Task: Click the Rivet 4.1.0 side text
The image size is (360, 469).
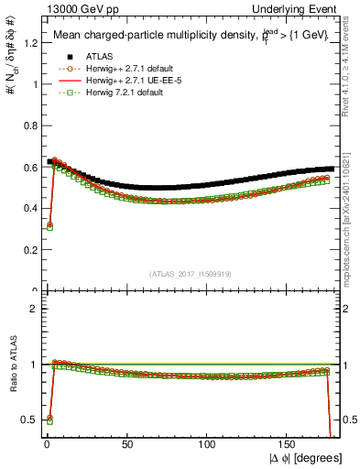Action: pos(349,69)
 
